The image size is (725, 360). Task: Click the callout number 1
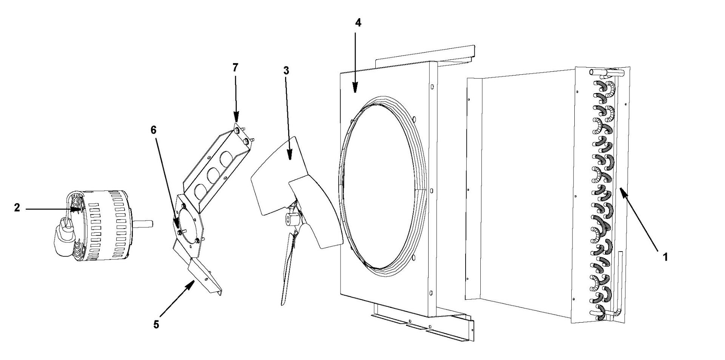point(665,257)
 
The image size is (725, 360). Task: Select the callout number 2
point(17,208)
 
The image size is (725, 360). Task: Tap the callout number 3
point(286,71)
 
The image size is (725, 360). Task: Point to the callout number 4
point(358,23)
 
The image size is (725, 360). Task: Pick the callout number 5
point(156,324)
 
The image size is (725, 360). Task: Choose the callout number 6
point(153,130)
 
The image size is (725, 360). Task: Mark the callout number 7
point(235,68)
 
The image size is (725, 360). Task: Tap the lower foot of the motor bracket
point(206,278)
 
